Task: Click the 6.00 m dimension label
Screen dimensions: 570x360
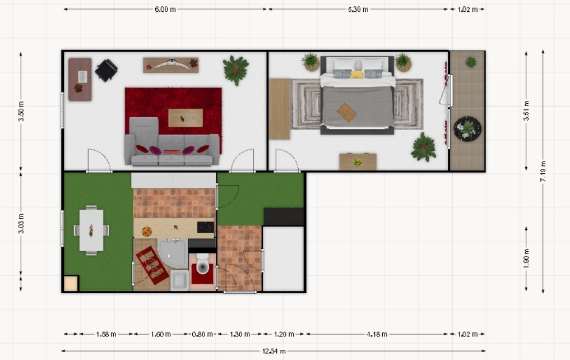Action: [x=165, y=10]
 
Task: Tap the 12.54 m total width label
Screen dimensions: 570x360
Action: [x=274, y=351]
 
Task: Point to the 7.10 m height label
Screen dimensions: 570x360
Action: [x=543, y=171]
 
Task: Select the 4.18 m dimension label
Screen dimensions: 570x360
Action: [x=377, y=334]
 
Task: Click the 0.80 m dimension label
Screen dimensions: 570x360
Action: [x=202, y=334]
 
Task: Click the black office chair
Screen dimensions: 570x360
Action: [x=106, y=70]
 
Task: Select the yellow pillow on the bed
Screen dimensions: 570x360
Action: [x=357, y=75]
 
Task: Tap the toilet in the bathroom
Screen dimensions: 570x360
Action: [x=203, y=264]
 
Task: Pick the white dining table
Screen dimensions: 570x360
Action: [x=91, y=230]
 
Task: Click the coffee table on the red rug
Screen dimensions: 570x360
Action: [x=186, y=118]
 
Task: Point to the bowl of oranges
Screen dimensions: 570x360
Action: [x=147, y=231]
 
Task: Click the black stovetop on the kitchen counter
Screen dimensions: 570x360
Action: [x=205, y=227]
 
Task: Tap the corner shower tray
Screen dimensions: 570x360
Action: [x=173, y=253]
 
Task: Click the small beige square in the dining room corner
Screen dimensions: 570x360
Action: [x=71, y=284]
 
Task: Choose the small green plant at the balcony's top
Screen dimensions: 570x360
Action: [x=471, y=62]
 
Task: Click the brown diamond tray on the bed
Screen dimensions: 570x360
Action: [x=347, y=112]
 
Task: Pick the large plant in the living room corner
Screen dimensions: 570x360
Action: [x=235, y=70]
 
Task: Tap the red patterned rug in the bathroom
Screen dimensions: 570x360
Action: [x=152, y=265]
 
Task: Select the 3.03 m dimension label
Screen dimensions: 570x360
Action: [x=21, y=224]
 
